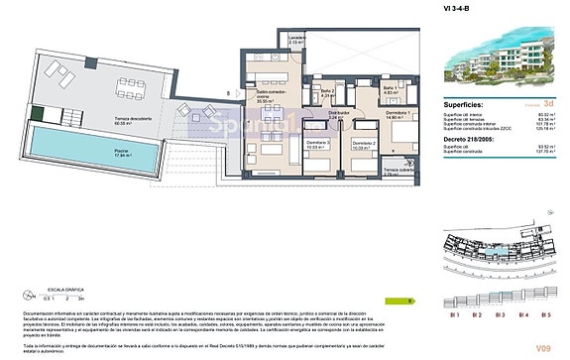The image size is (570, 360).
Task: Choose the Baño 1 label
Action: [x=361, y=90]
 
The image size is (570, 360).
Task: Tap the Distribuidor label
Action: [x=336, y=115]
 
